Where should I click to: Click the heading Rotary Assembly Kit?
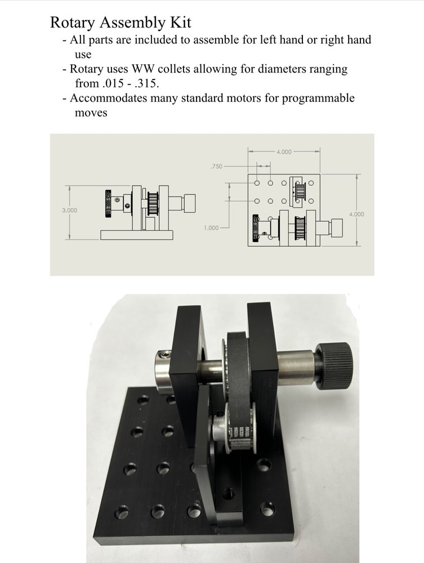120,23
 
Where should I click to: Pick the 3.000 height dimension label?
69,210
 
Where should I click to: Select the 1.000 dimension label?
212,229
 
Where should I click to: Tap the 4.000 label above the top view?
284,151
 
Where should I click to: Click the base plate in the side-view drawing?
135,235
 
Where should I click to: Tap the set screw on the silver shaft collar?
164,355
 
